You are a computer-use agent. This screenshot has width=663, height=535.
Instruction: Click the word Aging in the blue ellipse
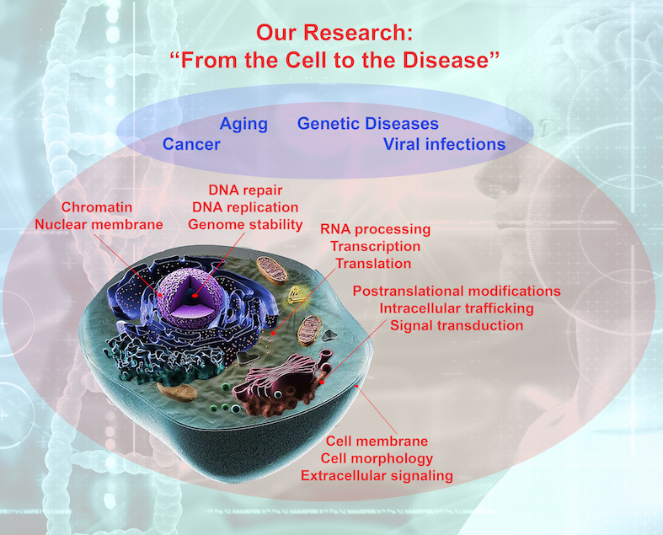click(243, 125)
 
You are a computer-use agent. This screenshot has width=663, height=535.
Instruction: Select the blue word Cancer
click(191, 144)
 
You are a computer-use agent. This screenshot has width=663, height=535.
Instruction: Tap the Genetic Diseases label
click(368, 124)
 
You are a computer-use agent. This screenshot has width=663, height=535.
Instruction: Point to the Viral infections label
click(445, 144)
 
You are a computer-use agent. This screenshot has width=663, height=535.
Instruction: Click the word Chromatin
click(97, 207)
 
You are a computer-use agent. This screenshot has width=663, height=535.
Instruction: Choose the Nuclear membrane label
click(99, 225)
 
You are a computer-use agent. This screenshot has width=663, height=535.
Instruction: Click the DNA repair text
click(245, 190)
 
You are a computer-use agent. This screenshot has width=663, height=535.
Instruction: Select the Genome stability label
click(245, 225)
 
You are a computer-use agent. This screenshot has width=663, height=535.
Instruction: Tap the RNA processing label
click(376, 229)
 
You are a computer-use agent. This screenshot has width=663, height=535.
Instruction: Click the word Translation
click(373, 264)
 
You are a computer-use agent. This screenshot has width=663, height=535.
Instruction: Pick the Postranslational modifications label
click(457, 291)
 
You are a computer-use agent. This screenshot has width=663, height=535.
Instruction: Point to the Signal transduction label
click(457, 326)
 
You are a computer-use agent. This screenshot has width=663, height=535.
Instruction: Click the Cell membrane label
click(377, 441)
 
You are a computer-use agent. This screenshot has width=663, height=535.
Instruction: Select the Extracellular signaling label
click(377, 476)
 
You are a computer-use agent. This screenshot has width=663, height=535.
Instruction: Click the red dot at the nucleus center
click(195, 296)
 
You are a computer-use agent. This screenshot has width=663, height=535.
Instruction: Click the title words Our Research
click(334, 33)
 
